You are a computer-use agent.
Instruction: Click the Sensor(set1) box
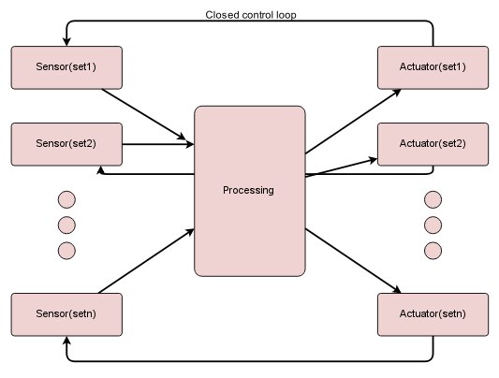(x=66, y=66)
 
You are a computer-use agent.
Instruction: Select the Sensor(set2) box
(x=66, y=143)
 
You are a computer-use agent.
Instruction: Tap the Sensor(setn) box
(x=66, y=314)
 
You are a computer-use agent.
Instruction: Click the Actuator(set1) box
(x=433, y=66)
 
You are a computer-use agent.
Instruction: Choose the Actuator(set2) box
(x=433, y=143)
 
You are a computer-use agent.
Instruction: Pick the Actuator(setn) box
(x=433, y=314)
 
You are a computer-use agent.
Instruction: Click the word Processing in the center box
(x=248, y=191)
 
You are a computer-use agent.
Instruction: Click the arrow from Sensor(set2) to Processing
(x=157, y=144)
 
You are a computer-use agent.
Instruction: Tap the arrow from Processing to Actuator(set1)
(x=341, y=121)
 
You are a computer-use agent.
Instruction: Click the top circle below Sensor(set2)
(x=66, y=199)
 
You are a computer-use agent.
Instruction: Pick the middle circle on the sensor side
(x=66, y=225)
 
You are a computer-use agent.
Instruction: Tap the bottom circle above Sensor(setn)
(x=66, y=250)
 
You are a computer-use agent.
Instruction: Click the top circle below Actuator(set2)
(x=432, y=199)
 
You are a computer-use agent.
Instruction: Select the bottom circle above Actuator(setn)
(x=432, y=250)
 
